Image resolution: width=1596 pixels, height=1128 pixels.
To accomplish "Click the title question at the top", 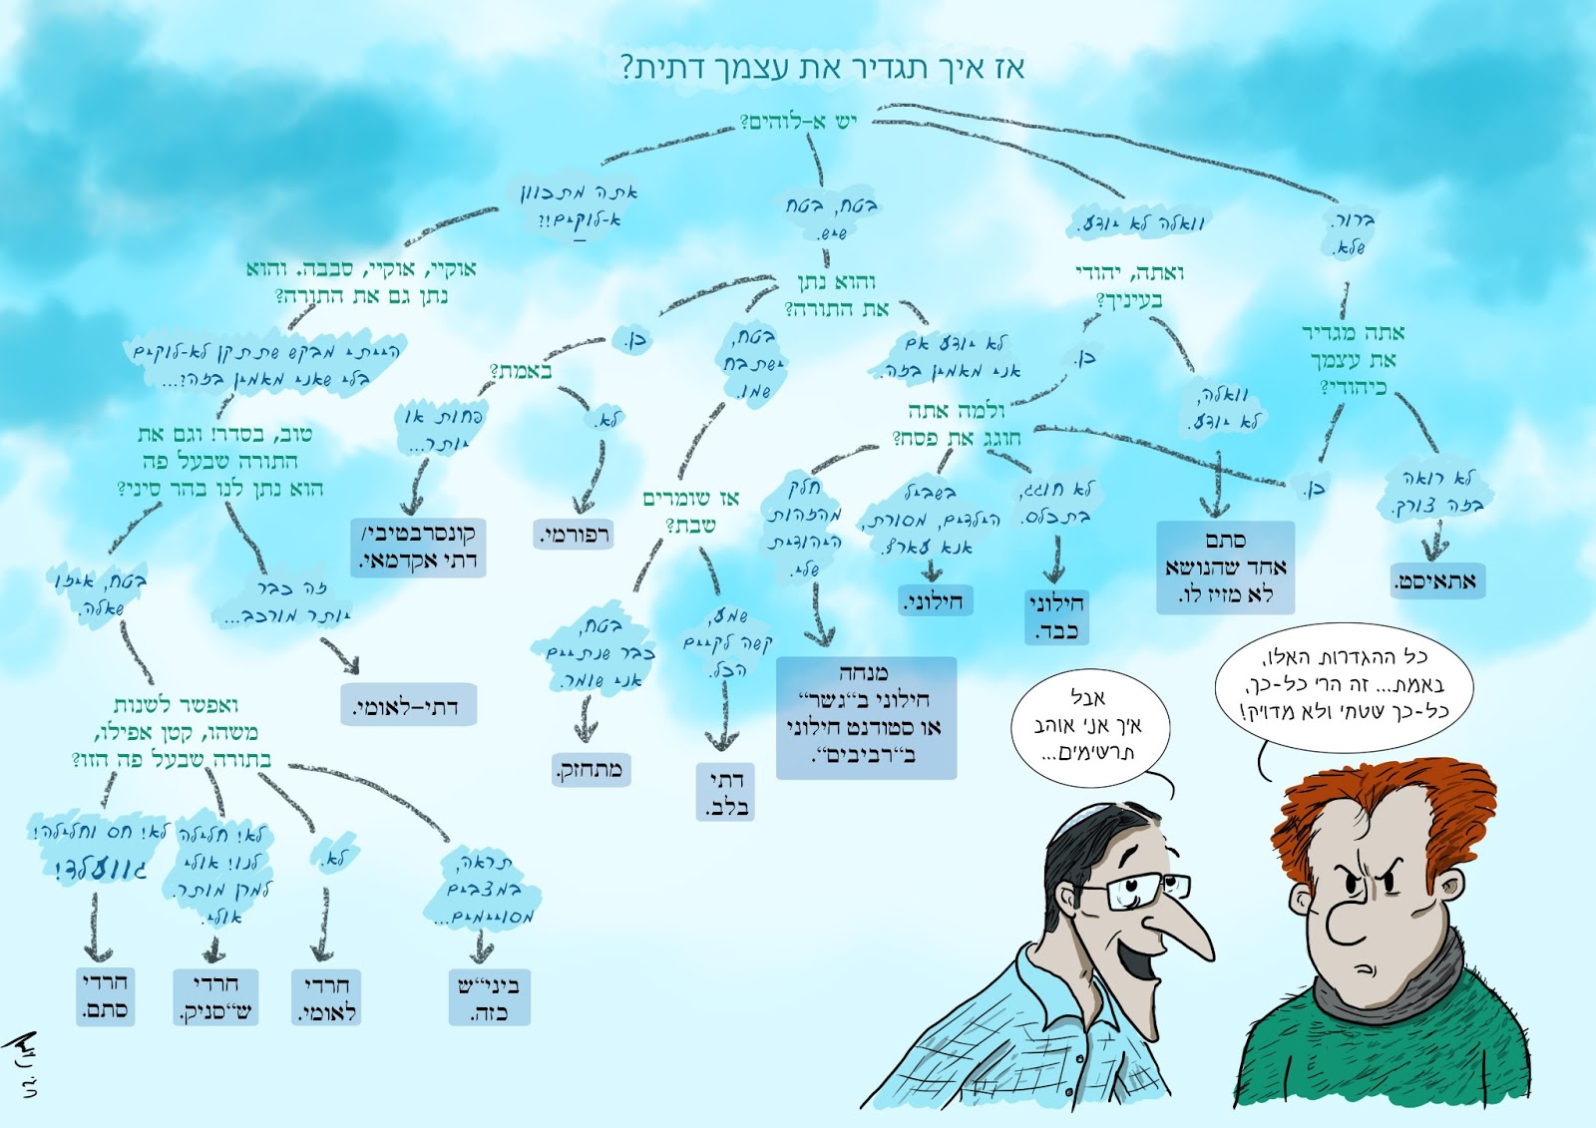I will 822,68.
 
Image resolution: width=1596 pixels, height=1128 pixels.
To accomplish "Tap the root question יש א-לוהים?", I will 798,122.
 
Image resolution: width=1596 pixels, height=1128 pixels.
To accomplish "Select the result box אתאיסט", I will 1437,580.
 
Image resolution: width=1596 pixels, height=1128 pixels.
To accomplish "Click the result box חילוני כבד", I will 1056,617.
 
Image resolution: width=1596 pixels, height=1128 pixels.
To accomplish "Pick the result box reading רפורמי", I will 574,535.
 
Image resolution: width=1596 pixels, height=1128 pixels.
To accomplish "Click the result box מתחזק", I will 591,769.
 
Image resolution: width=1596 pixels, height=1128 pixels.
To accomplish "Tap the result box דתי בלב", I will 725,793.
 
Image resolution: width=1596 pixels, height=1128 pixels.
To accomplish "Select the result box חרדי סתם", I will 105,995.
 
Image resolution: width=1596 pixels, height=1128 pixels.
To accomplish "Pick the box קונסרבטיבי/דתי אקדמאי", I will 418,547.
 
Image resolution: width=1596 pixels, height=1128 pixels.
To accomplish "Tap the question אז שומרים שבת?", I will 690,511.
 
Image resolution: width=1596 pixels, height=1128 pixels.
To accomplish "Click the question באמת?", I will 521,371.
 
